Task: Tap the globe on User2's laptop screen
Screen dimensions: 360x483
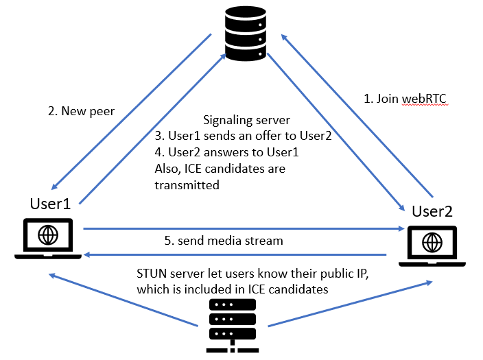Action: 432,241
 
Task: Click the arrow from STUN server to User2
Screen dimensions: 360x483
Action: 350,303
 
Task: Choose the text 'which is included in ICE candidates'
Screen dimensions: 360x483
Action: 232,289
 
